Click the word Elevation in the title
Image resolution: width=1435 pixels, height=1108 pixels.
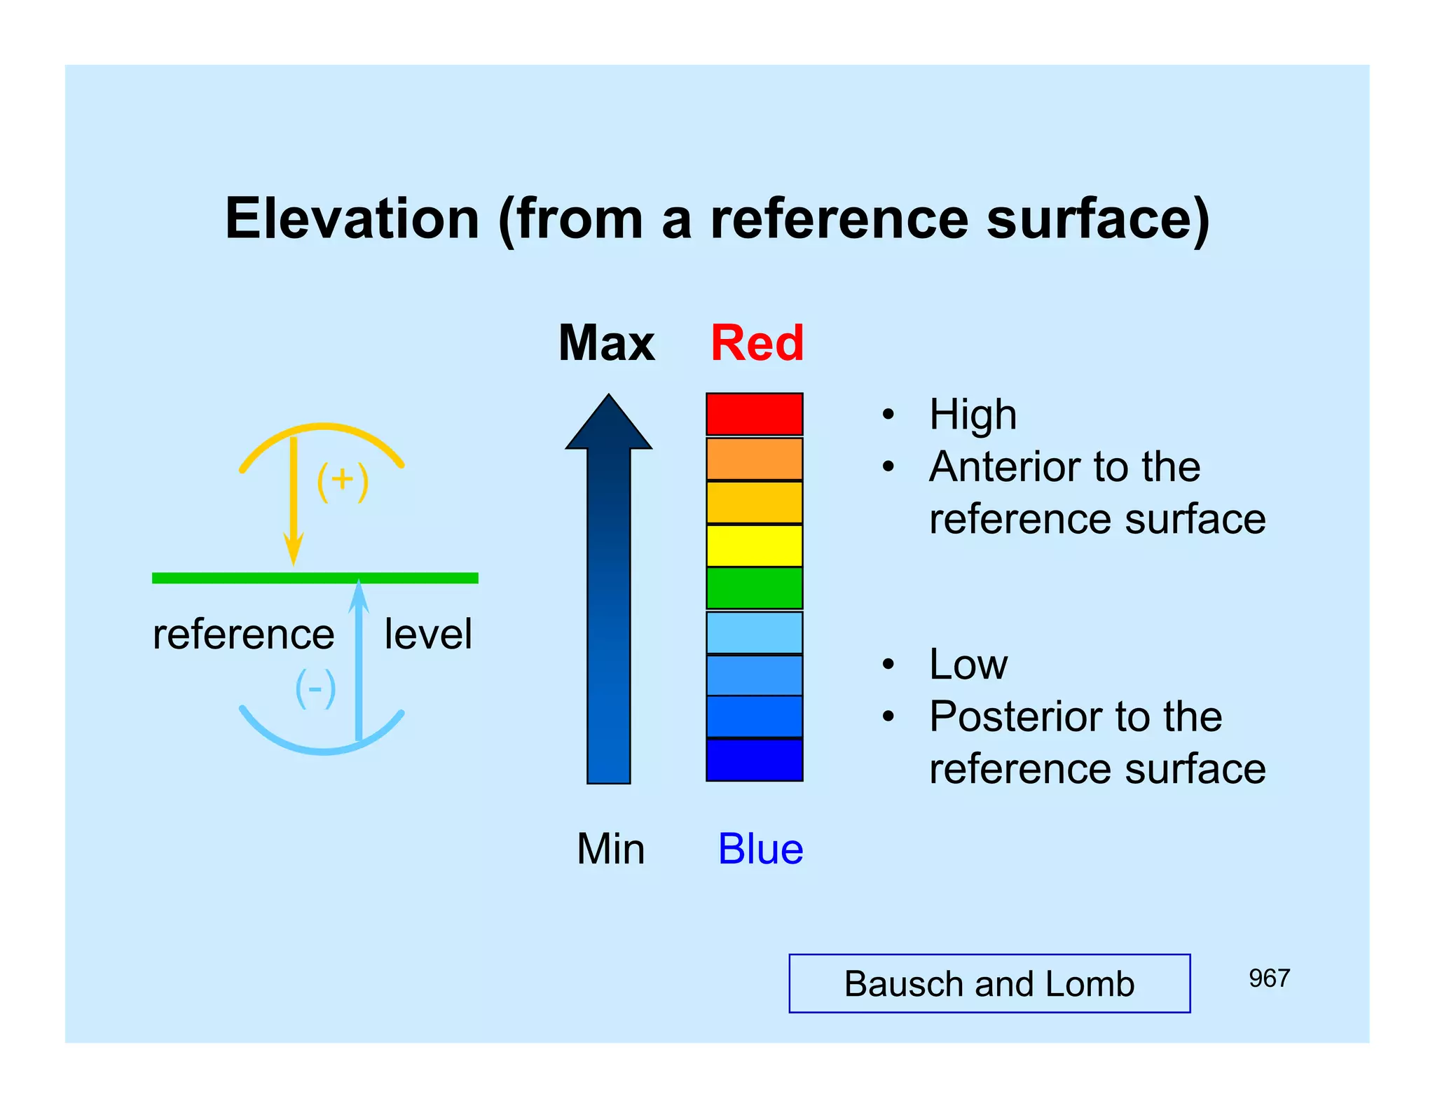[x=352, y=219]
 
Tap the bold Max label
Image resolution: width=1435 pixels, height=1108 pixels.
[x=606, y=343]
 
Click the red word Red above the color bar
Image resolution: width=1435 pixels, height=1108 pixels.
[x=757, y=343]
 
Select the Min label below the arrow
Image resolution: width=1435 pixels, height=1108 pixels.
[x=610, y=849]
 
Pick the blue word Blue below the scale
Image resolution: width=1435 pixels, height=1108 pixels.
[x=760, y=849]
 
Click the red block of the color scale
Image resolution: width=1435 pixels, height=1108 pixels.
[x=754, y=414]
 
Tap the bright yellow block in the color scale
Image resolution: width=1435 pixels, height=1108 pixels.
[x=754, y=545]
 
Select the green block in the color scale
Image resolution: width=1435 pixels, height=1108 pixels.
[x=754, y=588]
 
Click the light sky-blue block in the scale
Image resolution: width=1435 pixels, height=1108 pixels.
[x=754, y=632]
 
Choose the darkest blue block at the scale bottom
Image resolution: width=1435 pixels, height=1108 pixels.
[x=754, y=760]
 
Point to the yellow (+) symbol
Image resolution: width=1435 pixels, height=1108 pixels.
[x=342, y=481]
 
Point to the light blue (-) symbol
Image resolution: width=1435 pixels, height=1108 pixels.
[x=315, y=688]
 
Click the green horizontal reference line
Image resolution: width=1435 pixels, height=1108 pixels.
[x=210, y=578]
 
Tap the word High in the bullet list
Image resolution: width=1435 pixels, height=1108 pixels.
[x=973, y=415]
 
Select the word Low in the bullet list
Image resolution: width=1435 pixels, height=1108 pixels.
[x=968, y=664]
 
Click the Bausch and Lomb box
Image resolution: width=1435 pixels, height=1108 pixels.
[x=989, y=983]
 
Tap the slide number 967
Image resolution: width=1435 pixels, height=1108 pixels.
[x=1268, y=978]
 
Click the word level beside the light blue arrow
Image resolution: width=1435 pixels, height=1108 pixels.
[x=428, y=634]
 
